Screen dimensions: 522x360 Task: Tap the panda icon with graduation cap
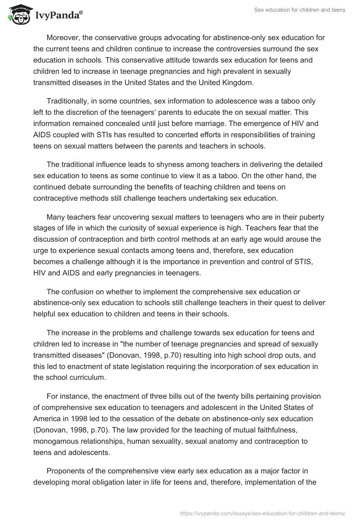click(18, 15)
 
